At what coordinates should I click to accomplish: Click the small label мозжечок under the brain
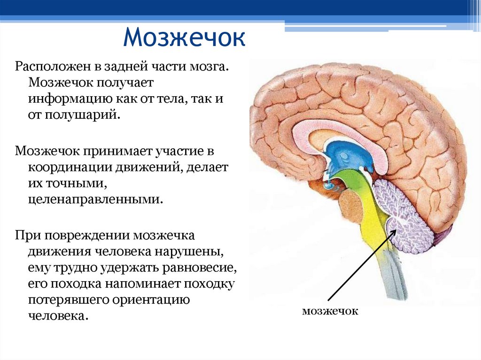330,311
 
